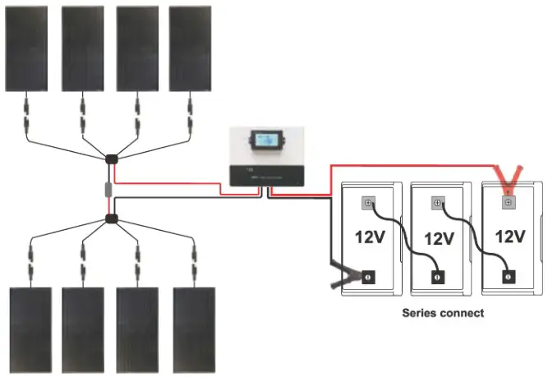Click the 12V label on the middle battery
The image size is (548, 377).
point(440,239)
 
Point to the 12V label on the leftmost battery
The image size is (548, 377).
point(370,237)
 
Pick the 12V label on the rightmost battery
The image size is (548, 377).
point(509,237)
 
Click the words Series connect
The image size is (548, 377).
point(442,313)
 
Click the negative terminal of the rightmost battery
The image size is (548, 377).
point(508,277)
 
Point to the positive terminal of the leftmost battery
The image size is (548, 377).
point(368,201)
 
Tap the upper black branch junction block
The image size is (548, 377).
point(111,158)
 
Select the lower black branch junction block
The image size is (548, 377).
point(111,218)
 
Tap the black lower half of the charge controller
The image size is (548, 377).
point(266,175)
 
